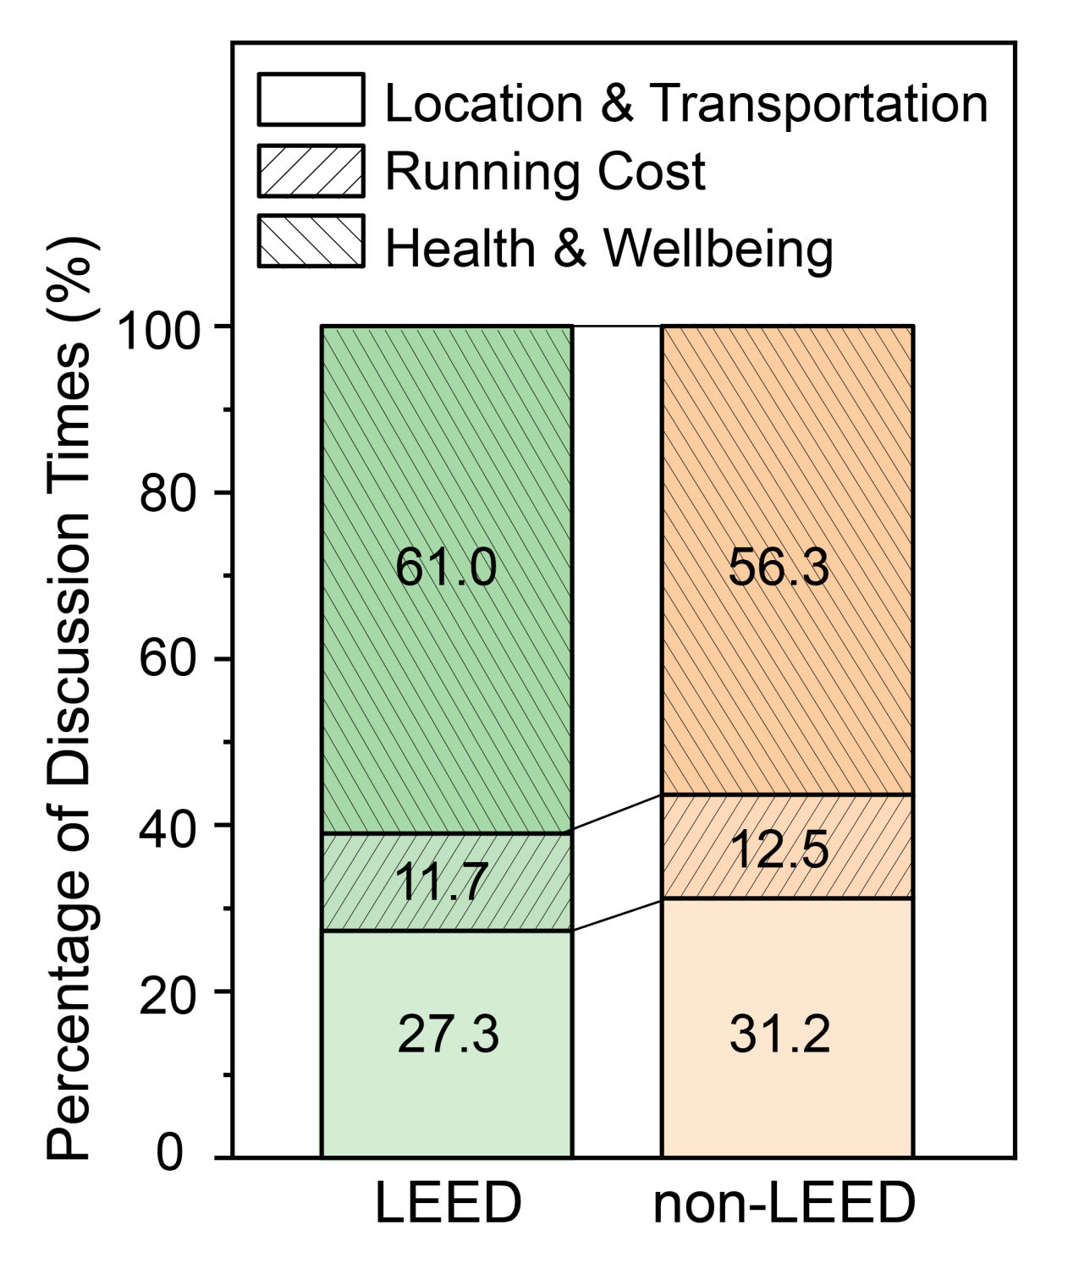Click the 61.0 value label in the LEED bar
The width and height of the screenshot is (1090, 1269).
446,568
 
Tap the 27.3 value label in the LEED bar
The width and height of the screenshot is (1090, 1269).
449,1035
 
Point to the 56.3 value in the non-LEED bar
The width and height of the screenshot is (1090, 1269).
779,568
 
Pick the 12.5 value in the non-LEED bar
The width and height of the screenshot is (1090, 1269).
780,849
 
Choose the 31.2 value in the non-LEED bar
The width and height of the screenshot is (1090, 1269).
780,1035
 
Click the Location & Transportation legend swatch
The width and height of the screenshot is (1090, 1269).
311,100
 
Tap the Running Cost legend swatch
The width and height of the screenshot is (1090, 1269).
311,171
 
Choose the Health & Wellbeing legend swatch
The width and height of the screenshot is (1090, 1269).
311,241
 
